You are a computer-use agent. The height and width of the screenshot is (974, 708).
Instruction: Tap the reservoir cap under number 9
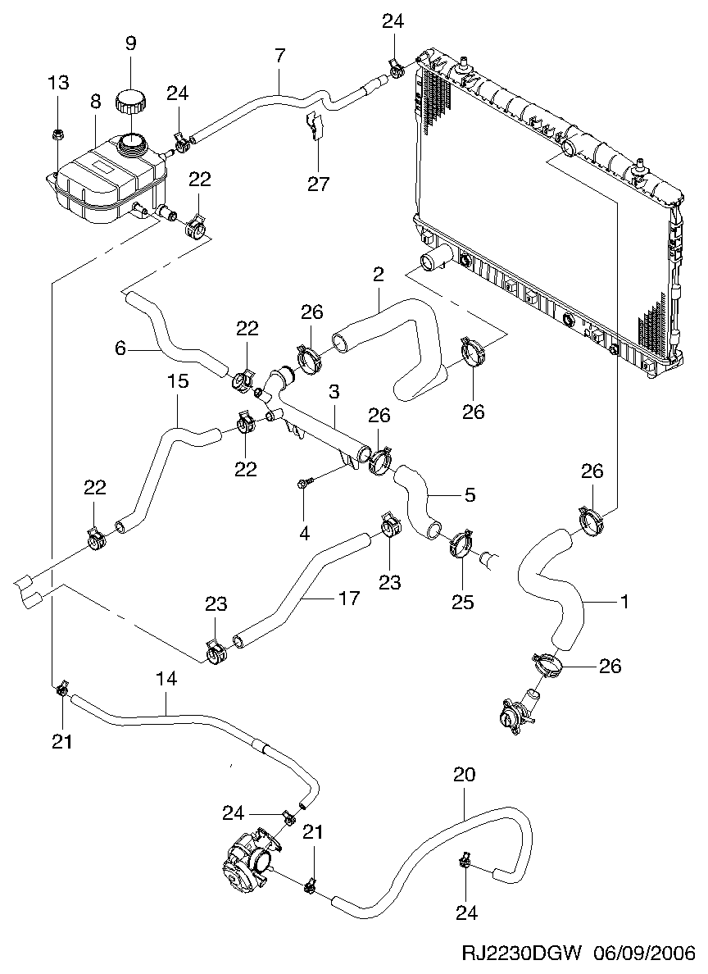(x=131, y=102)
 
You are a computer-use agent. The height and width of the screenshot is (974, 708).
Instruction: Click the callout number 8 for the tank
(x=95, y=102)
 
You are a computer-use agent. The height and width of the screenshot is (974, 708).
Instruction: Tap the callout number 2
(x=378, y=275)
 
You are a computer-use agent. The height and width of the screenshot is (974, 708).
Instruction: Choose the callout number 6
(x=120, y=348)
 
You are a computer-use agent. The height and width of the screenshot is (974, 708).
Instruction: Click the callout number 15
(x=178, y=381)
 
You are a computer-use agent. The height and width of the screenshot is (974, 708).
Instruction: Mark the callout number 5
(x=470, y=496)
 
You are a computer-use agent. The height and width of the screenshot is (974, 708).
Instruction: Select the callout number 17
(x=348, y=599)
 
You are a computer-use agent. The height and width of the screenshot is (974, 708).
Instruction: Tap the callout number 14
(x=166, y=679)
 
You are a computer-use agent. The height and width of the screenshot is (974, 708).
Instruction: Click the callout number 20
(x=464, y=775)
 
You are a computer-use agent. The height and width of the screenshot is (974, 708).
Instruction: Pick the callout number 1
(x=624, y=603)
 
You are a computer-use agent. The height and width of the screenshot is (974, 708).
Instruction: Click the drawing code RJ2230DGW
(x=522, y=954)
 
